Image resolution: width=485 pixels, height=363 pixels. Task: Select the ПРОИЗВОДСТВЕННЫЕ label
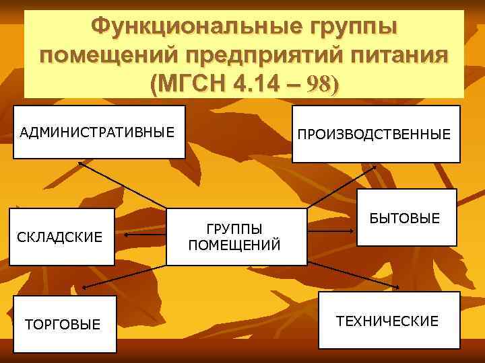375,135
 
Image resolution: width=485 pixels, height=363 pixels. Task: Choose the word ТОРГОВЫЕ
63,325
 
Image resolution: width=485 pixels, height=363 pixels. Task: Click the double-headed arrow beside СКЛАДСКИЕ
143,237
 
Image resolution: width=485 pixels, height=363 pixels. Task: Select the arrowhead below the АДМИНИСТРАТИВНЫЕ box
80,163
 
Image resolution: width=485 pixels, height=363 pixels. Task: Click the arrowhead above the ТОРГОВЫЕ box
84,287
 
